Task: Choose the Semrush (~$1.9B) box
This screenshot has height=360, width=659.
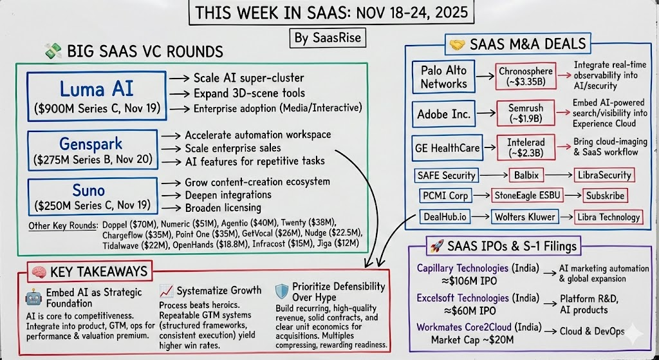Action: coord(527,114)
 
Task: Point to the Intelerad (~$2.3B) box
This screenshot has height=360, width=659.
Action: coord(527,147)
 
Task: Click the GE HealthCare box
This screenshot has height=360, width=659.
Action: coord(448,147)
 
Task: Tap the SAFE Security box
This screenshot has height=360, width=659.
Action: coord(445,175)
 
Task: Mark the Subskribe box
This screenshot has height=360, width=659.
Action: coord(605,195)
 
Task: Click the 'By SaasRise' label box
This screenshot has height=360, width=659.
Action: coord(328,38)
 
